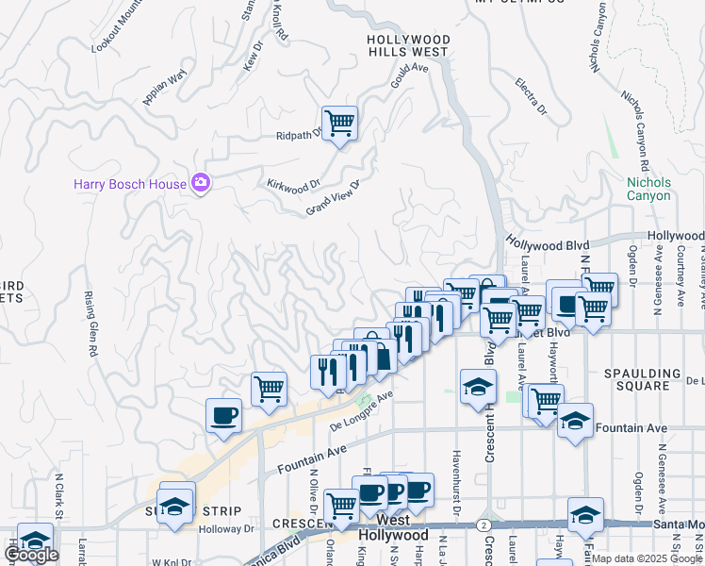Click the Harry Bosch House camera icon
[x=200, y=183]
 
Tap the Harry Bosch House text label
[x=130, y=184]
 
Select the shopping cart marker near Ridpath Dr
[x=340, y=123]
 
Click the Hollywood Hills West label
[x=408, y=45]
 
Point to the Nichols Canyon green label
[x=648, y=189]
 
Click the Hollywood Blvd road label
[x=548, y=244]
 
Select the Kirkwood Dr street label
[x=293, y=186]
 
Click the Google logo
[x=32, y=555]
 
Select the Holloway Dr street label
[x=226, y=529]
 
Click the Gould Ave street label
[x=410, y=72]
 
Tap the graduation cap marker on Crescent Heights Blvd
[x=478, y=386]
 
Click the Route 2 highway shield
[x=484, y=524]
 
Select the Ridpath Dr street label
[x=300, y=134]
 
